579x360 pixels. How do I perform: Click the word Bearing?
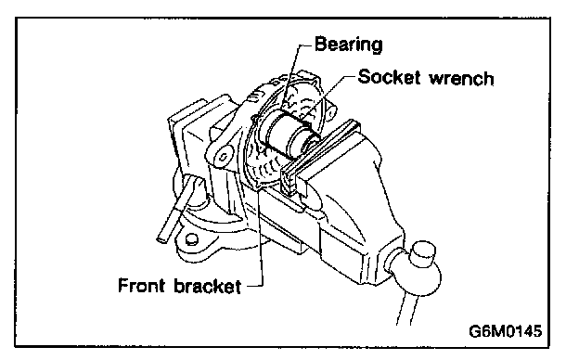click(348, 45)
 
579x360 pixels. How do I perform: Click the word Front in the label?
click(141, 286)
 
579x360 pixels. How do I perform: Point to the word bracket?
click(208, 286)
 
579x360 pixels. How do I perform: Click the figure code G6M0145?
click(505, 331)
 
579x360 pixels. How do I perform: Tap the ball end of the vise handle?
click(424, 275)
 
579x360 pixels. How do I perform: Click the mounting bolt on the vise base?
click(191, 239)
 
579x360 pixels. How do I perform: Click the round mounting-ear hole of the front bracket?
click(223, 157)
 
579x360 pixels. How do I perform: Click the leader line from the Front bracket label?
click(262, 237)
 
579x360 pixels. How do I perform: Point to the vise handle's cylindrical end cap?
click(423, 254)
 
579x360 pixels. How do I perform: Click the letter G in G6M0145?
click(475, 331)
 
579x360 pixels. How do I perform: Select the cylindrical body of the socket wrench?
click(284, 135)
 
